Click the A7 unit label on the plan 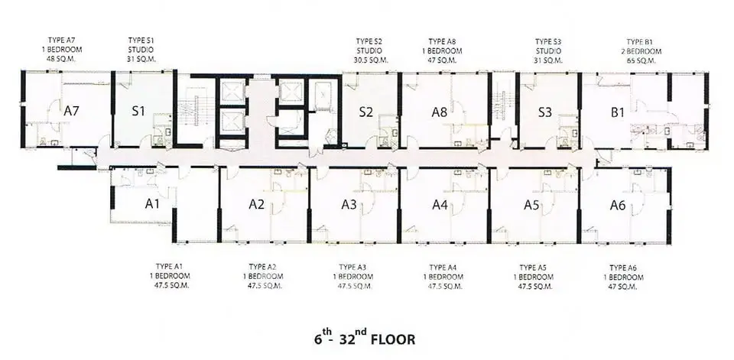pos(72,112)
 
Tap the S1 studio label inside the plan pos(138,112)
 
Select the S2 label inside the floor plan pos(366,112)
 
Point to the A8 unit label pos(439,112)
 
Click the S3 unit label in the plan pos(544,112)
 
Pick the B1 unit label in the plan pos(618,112)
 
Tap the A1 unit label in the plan pos(152,204)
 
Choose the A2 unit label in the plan pos(256,204)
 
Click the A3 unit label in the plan pos(349,204)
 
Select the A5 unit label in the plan pos(531,204)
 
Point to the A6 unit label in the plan pos(618,204)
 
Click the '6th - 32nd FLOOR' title pos(365,336)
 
